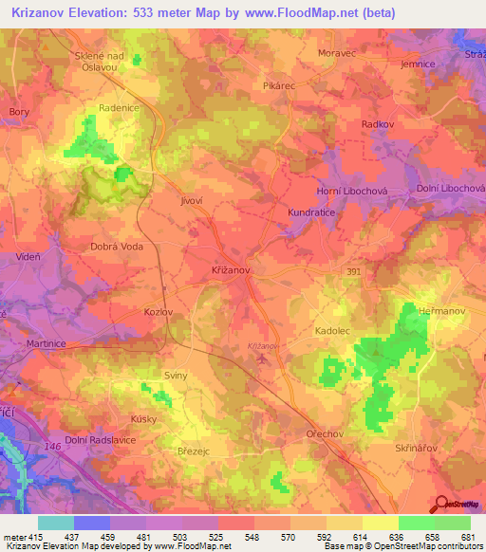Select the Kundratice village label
click(313, 213)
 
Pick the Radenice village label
click(117, 108)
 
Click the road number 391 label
click(353, 271)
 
